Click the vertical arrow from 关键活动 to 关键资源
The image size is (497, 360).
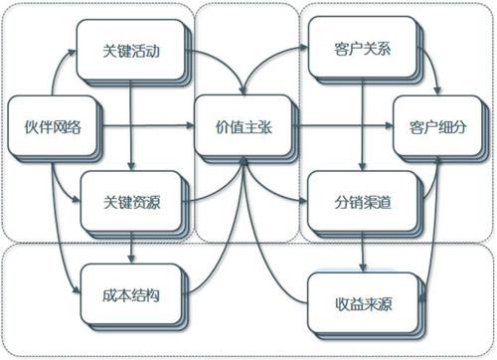tap(133, 124)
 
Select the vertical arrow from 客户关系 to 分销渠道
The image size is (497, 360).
tap(357, 124)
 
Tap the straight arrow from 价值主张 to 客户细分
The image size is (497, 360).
tap(338, 126)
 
